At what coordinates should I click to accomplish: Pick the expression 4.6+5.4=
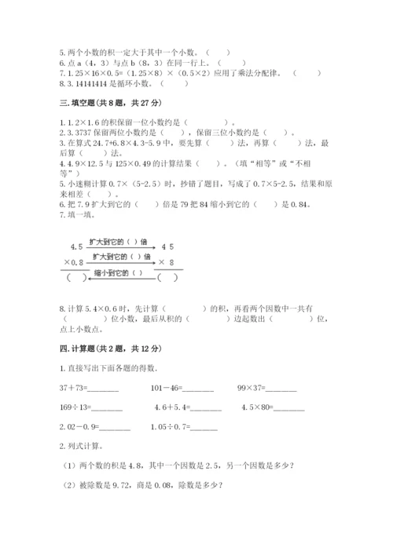173,407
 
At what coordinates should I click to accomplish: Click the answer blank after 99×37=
281,389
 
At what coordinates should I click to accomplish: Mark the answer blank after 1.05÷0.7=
203,429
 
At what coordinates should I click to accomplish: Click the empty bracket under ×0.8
76,277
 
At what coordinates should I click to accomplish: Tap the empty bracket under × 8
167,277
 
